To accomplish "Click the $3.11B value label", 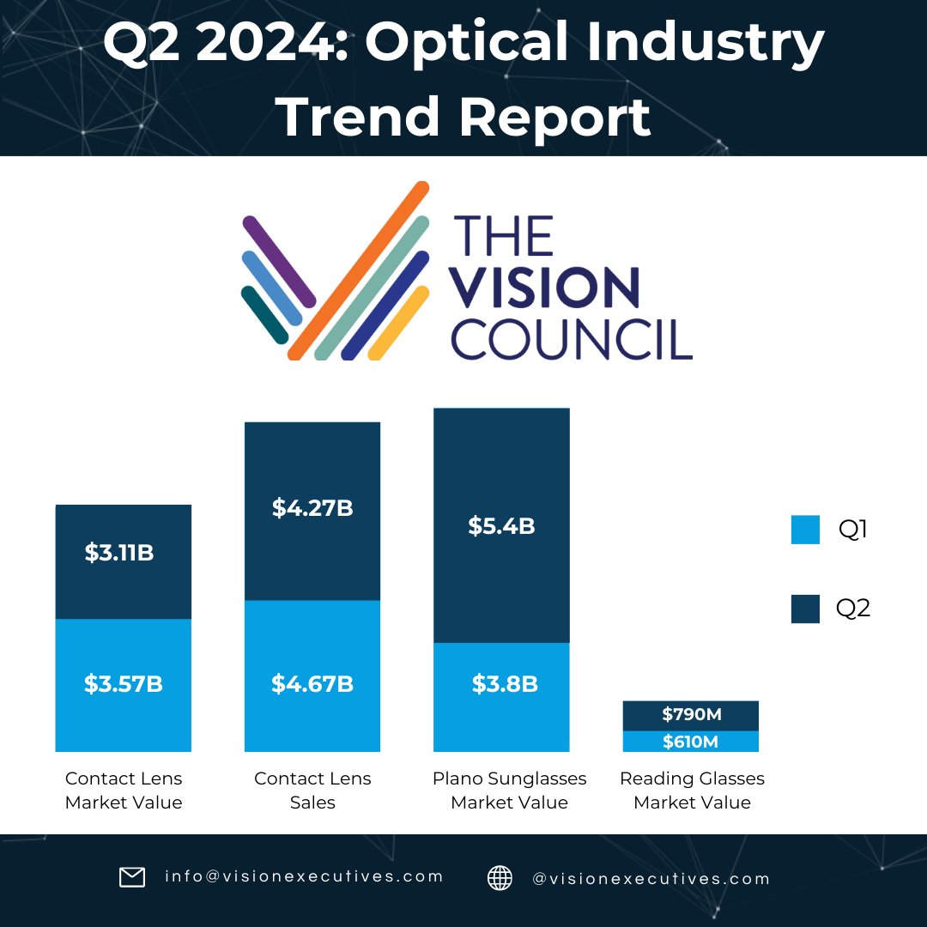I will [119, 553].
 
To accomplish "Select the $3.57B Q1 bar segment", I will [123, 685].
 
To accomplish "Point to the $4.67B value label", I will [312, 684].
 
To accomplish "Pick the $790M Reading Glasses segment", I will [691, 715].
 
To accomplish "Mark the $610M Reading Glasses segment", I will [691, 742].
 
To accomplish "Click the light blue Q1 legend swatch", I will [805, 530].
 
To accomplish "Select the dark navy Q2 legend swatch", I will [805, 609].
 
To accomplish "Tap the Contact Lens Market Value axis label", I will [124, 791].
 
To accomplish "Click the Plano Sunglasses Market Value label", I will [509, 791].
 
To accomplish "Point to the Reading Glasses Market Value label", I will [692, 791].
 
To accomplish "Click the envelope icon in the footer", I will [132, 877].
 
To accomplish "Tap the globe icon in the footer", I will [500, 877].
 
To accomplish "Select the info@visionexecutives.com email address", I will [304, 876].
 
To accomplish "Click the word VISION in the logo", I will [546, 288].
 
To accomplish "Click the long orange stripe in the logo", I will [359, 270].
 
